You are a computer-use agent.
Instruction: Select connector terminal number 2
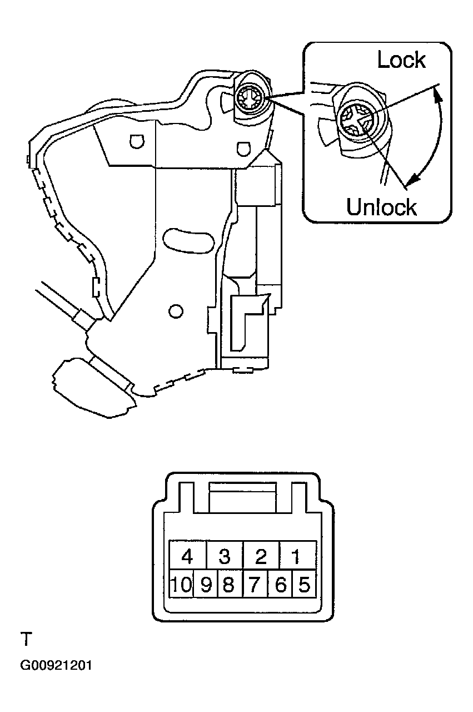[261, 555]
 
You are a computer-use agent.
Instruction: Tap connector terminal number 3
[225, 555]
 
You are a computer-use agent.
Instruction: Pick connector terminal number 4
[187, 555]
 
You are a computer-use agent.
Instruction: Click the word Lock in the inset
[401, 60]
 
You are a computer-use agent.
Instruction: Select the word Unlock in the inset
[381, 207]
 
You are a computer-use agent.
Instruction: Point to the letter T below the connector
[26, 639]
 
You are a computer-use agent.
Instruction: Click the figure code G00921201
[56, 666]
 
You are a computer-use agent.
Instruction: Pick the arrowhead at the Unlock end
[411, 180]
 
